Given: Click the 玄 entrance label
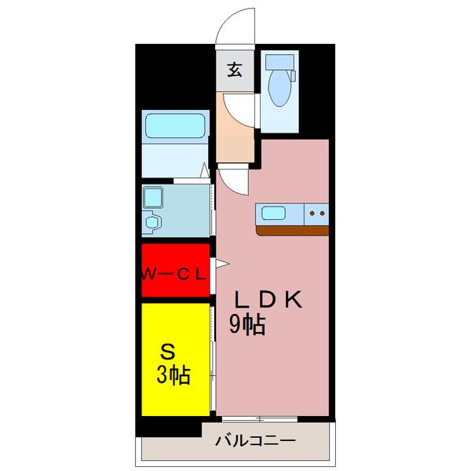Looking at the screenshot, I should [234, 70].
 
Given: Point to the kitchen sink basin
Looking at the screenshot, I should [274, 212].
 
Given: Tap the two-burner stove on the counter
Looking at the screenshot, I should [317, 212].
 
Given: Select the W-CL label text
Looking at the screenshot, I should [174, 273].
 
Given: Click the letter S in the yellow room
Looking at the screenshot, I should [167, 350].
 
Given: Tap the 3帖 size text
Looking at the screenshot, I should [173, 375].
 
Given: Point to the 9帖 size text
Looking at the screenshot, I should [246, 324].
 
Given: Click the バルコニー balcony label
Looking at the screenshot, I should [256, 442].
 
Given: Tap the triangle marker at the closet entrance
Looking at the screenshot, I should [221, 265].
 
